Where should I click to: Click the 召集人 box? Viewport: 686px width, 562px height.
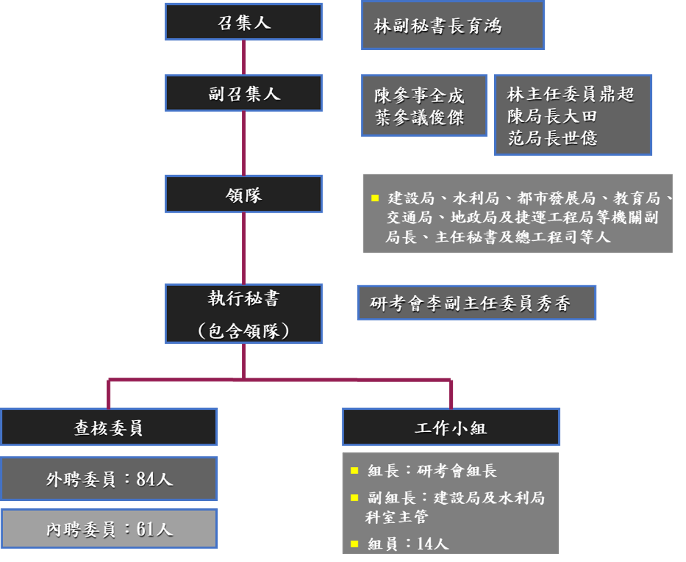tap(244, 23)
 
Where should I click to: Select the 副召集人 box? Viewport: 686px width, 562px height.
tap(244, 94)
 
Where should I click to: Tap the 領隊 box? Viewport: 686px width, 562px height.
tap(244, 195)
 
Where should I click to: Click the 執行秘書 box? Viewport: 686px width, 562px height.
tap(244, 314)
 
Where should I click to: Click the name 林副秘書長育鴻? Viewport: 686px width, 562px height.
tap(437, 26)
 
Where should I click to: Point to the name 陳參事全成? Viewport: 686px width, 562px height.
tap(419, 96)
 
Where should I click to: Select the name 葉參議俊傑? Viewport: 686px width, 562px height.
tap(419, 117)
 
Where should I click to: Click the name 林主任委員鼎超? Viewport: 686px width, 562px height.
tap(570, 94)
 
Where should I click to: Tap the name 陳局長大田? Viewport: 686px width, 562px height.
tap(552, 116)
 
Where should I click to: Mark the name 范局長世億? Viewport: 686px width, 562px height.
tap(552, 137)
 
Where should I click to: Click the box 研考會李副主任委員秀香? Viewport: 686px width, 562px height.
tap(470, 303)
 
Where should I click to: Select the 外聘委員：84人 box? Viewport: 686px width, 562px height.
tap(109, 479)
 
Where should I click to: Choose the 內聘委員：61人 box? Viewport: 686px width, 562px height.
tap(109, 529)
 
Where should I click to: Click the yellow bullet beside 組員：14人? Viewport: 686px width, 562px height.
tap(354, 543)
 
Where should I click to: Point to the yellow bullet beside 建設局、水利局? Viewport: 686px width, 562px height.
tap(374, 198)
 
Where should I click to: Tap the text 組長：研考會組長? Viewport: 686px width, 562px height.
tap(432, 471)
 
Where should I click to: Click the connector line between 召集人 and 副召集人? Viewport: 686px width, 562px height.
tap(244, 58)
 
